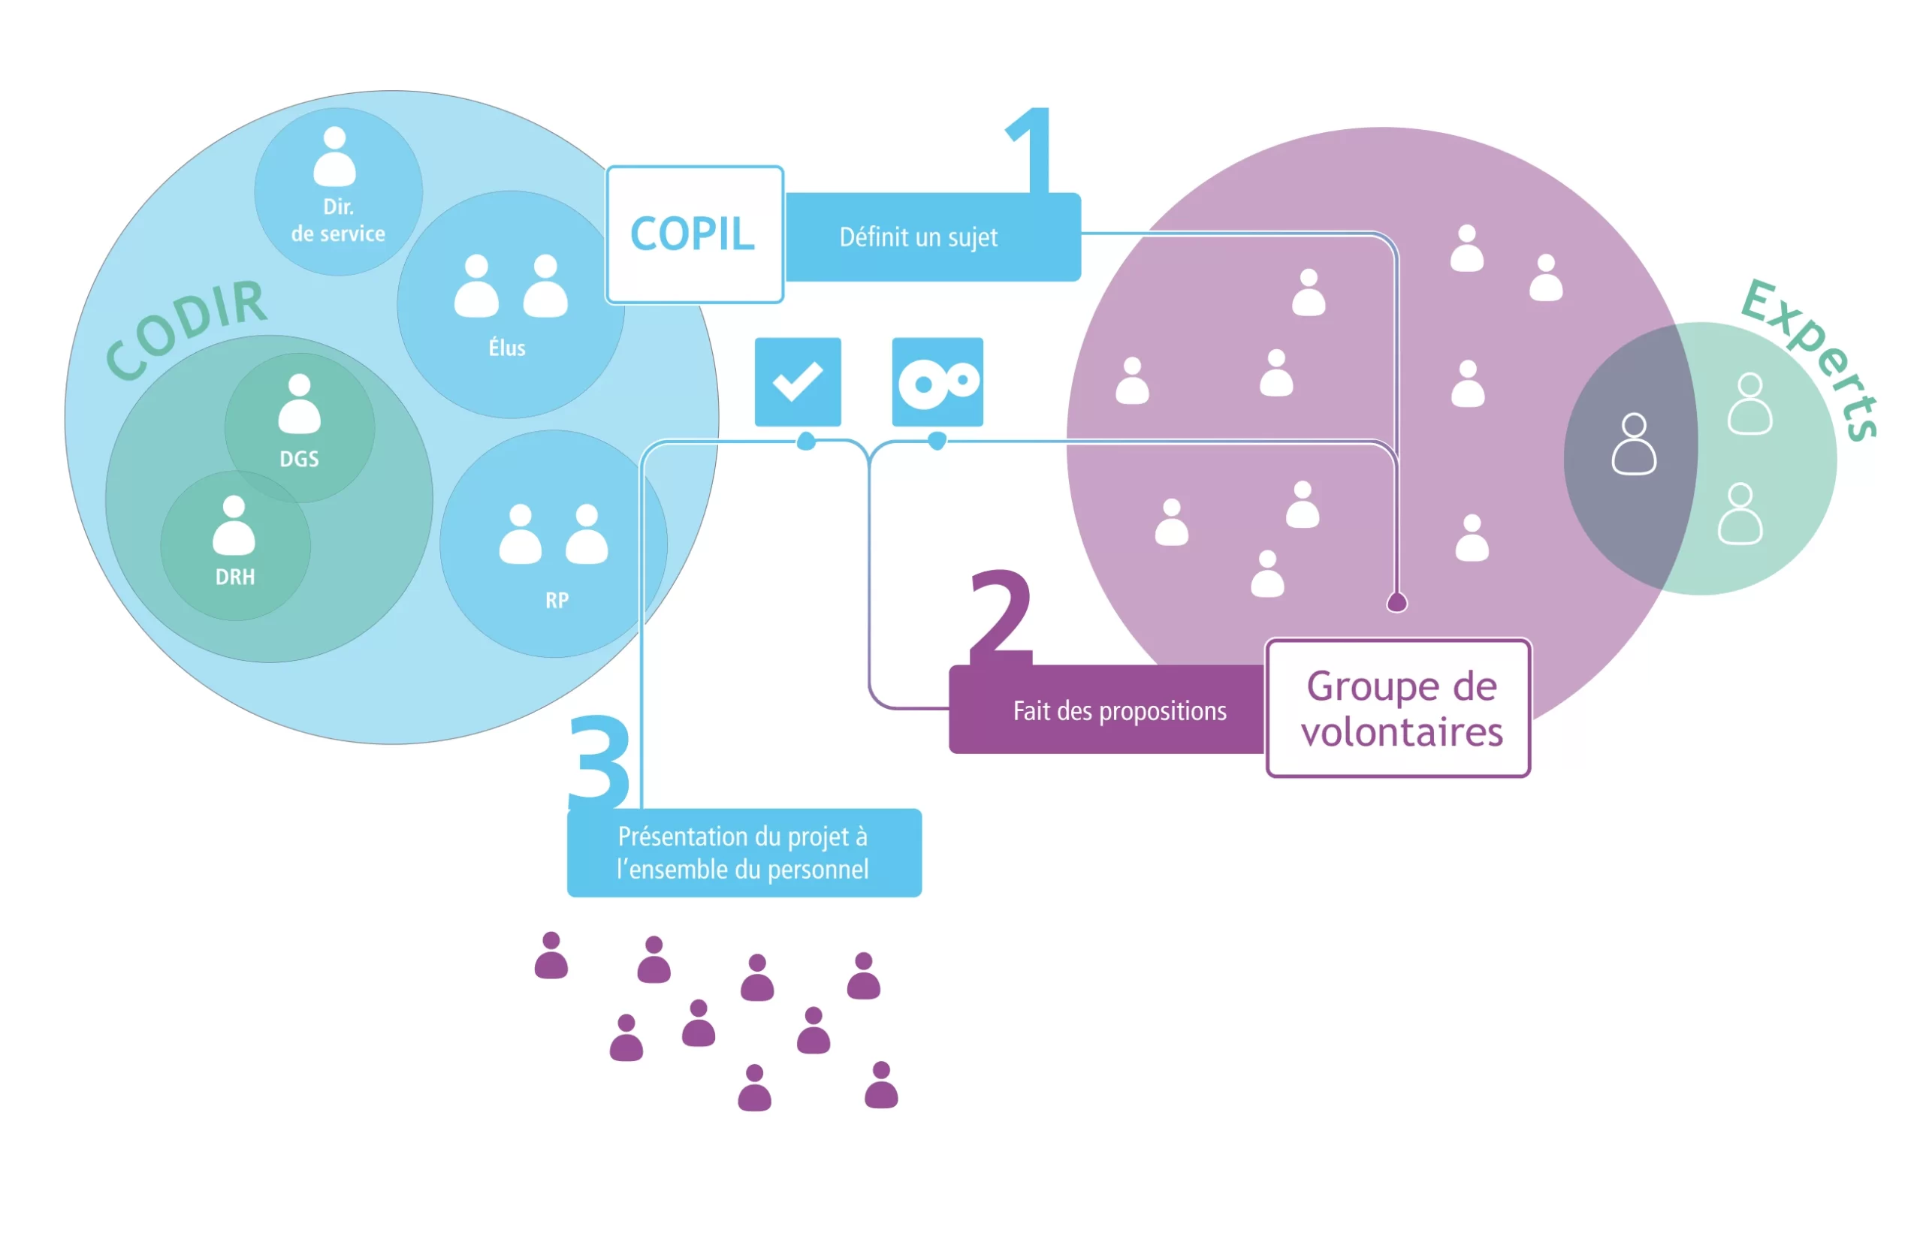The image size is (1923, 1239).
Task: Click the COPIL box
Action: [693, 234]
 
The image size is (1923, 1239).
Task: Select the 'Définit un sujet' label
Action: [918, 237]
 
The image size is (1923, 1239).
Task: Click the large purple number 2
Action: [1000, 616]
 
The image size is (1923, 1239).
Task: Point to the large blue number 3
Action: [599, 760]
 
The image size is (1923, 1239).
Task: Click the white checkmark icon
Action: [797, 381]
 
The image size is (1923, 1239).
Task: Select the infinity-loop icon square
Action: [937, 382]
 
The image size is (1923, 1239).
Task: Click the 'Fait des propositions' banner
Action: [1118, 711]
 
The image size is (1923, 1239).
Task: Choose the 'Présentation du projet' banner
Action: [744, 854]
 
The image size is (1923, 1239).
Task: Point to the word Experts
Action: [1810, 358]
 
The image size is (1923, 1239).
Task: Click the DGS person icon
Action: [299, 404]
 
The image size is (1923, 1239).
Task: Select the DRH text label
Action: [235, 577]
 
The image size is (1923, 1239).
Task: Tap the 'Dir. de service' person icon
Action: [335, 156]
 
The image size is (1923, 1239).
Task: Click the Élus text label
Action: [507, 348]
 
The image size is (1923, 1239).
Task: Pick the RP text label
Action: [557, 600]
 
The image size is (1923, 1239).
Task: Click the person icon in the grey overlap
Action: [1633, 444]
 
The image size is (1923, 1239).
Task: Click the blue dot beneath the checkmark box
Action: [805, 441]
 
